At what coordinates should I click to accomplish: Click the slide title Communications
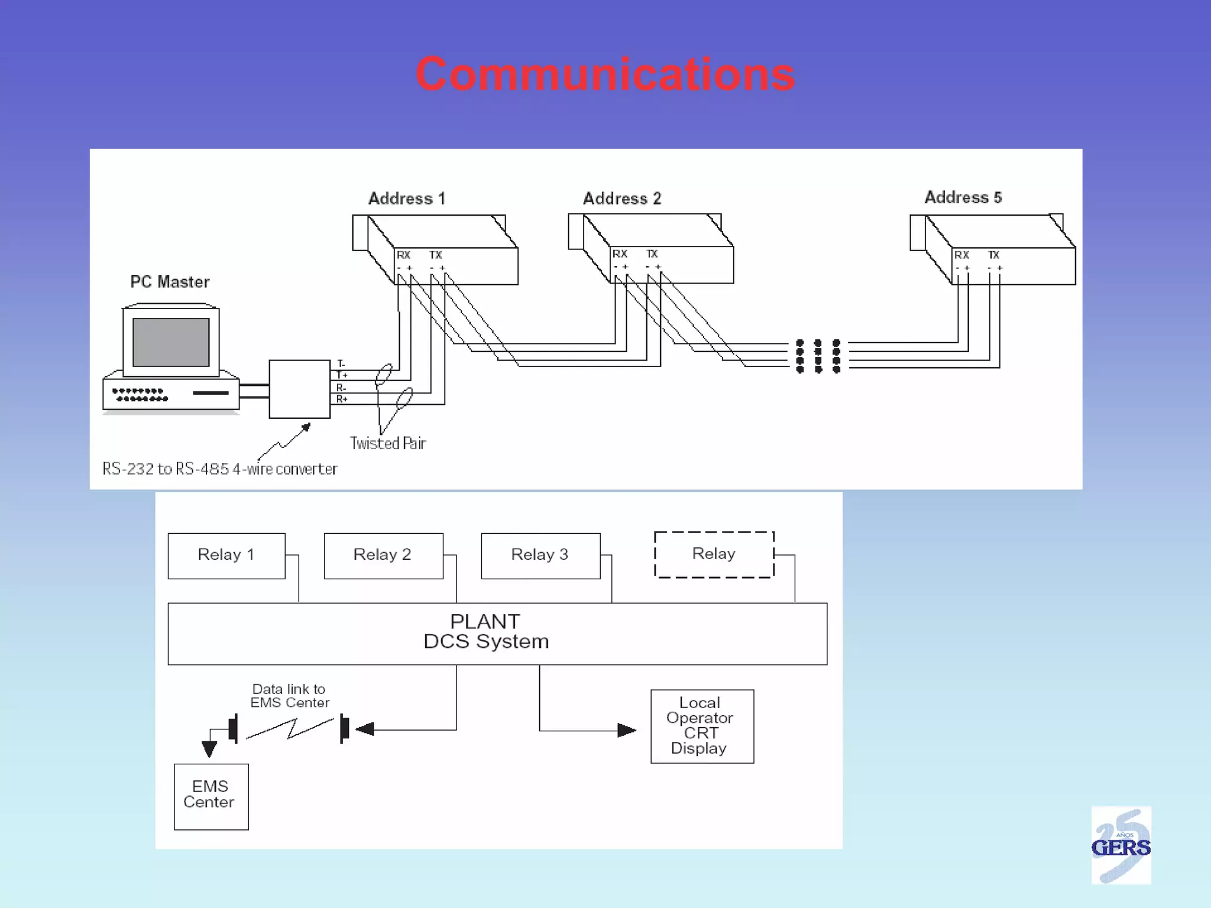pos(605,74)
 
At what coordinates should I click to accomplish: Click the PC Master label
pos(170,282)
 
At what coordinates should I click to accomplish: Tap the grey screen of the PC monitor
pos(171,342)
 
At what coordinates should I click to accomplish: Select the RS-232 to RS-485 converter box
pos(299,389)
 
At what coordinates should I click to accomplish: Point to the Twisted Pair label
pos(388,443)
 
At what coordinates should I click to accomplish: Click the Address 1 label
pos(407,199)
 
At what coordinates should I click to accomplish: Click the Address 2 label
pos(622,199)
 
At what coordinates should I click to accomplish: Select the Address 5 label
pos(963,197)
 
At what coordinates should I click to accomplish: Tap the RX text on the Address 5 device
pos(961,255)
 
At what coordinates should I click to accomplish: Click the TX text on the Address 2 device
pos(652,254)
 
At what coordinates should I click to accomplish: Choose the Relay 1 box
pos(226,556)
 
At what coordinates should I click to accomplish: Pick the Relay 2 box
pos(383,556)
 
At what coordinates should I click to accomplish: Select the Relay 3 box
pos(540,556)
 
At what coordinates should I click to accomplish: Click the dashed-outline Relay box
pos(714,554)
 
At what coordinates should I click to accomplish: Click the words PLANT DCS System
pos(486,632)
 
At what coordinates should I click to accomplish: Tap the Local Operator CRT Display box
pos(702,726)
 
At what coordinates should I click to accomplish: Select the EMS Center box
pos(211,796)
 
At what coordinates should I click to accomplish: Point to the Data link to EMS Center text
pos(289,696)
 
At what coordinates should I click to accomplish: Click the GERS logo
pos(1121,845)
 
